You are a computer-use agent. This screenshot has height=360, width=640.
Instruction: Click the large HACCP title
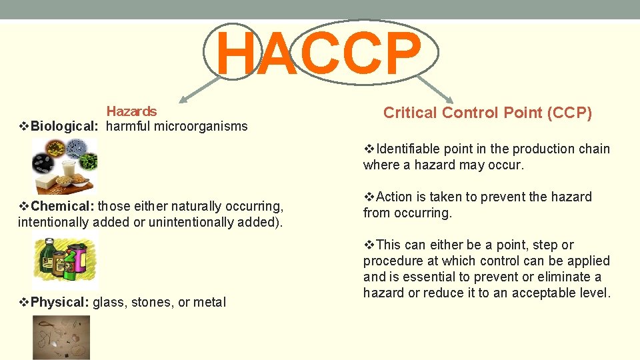click(x=320, y=53)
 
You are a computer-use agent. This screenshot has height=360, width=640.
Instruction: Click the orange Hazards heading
click(x=131, y=111)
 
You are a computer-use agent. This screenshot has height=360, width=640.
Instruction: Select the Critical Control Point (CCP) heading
click(x=487, y=113)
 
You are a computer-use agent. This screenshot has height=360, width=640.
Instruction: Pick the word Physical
click(x=59, y=303)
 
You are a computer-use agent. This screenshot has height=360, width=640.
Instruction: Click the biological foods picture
click(x=65, y=165)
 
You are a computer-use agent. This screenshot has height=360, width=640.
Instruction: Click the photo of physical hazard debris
click(x=61, y=337)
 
